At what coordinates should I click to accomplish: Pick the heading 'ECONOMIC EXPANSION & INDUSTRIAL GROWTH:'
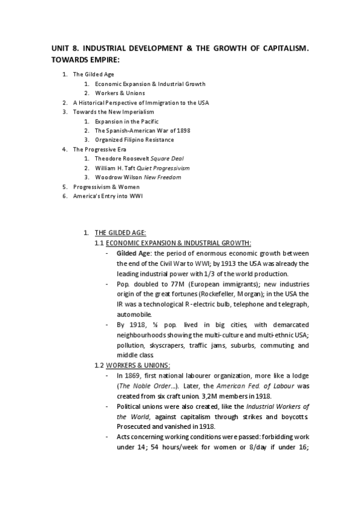178,243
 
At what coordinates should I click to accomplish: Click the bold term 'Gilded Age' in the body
133,254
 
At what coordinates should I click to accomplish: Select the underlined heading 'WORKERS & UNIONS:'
138,365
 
